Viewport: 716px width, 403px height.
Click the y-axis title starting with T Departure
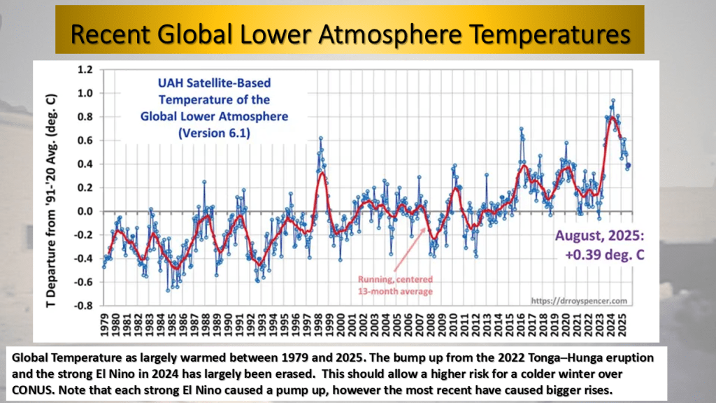(x=58, y=188)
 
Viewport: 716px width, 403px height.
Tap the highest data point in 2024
(x=613, y=101)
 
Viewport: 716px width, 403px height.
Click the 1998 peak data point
(x=320, y=139)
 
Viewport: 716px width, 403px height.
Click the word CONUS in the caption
(x=27, y=384)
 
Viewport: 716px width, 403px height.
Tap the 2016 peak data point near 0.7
(x=521, y=129)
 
